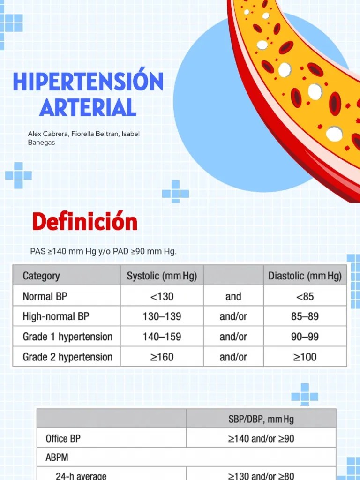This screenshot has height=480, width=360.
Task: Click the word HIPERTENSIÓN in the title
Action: click(x=88, y=82)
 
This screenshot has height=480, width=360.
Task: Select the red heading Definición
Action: click(x=84, y=222)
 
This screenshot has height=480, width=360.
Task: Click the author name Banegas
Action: click(x=41, y=142)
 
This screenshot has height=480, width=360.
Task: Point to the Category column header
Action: click(x=41, y=276)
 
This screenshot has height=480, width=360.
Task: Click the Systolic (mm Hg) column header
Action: click(x=162, y=276)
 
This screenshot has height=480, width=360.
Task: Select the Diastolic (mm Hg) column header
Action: click(x=305, y=276)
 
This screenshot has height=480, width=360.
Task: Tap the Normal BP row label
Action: click(x=45, y=296)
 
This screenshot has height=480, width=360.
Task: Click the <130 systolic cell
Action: click(x=162, y=296)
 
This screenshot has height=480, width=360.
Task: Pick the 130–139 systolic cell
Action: click(x=162, y=316)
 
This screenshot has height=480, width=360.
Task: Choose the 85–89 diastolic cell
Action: click(x=305, y=316)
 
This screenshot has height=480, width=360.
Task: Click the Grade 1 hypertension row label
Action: click(x=67, y=337)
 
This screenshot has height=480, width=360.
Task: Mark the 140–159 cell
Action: click(x=162, y=337)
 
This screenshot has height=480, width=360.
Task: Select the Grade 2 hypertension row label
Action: click(x=67, y=357)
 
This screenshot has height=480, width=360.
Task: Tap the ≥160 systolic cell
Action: click(x=162, y=357)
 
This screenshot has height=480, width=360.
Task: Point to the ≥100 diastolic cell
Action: click(x=305, y=357)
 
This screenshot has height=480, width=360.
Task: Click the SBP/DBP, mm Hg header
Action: click(x=261, y=419)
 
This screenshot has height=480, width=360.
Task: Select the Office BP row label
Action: click(x=63, y=439)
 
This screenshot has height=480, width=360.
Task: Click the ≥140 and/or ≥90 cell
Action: click(x=261, y=439)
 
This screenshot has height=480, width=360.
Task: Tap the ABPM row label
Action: click(x=57, y=456)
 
